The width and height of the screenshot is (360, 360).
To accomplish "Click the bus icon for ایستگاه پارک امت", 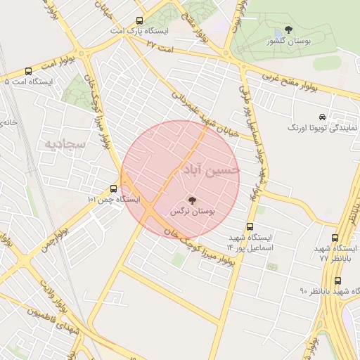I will tap(139, 20).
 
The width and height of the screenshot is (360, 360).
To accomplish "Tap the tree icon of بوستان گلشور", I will tap(288, 30).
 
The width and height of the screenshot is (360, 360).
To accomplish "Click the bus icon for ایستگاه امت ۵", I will tap(28, 71).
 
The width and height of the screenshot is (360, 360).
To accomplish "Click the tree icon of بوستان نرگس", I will tap(193, 200).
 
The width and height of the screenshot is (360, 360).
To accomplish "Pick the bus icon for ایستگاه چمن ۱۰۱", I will tap(114, 188).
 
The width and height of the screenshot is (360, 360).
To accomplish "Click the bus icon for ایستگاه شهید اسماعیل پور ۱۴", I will tap(250, 226).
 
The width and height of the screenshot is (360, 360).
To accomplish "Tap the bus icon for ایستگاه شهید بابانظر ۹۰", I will tap(338, 280).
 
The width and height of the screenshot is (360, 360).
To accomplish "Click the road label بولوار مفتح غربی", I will tap(290, 82).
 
